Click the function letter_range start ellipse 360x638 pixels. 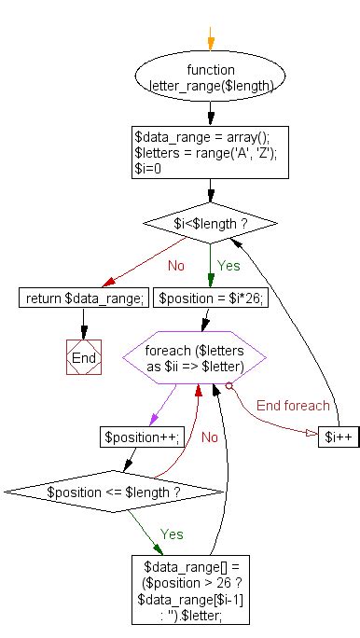tap(210, 77)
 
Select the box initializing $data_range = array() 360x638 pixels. tap(209, 152)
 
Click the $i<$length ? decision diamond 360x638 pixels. tap(209, 223)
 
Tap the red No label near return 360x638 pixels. tap(176, 265)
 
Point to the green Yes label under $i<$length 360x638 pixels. tap(228, 265)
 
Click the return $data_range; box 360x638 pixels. tap(84, 298)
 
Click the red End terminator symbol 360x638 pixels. tap(83, 357)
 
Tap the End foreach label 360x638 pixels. tap(294, 405)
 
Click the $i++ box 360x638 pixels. tap(337, 436)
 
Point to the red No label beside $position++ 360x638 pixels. tap(210, 436)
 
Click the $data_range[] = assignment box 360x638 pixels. tap(191, 589)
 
